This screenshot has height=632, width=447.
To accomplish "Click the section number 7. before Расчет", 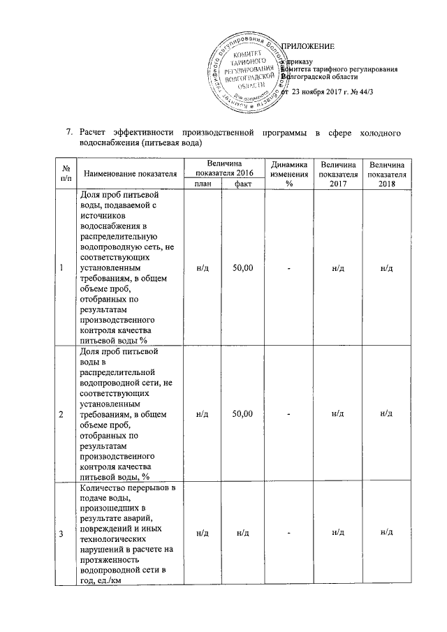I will [x=68, y=131].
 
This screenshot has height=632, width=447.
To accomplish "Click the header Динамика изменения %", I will [x=288, y=172].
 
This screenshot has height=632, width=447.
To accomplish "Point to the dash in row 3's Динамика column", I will [x=288, y=534].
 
